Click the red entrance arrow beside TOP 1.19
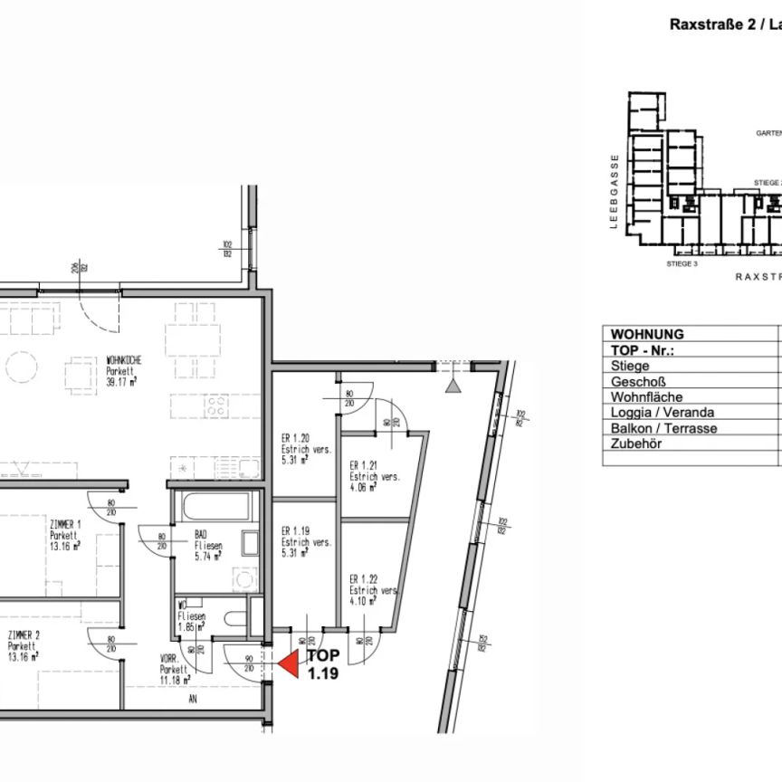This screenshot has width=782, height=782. (288, 666)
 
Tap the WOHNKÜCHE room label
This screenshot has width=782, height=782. (124, 359)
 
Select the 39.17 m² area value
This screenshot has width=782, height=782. (123, 383)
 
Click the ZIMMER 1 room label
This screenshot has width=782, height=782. (67, 524)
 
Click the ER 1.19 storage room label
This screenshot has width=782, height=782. (296, 531)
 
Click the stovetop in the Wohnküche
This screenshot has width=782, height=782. (217, 406)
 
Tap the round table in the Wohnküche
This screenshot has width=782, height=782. (20, 367)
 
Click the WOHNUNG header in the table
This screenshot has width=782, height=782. (647, 335)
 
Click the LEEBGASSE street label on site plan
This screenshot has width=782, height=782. (614, 193)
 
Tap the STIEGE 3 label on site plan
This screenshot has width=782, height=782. (682, 264)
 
